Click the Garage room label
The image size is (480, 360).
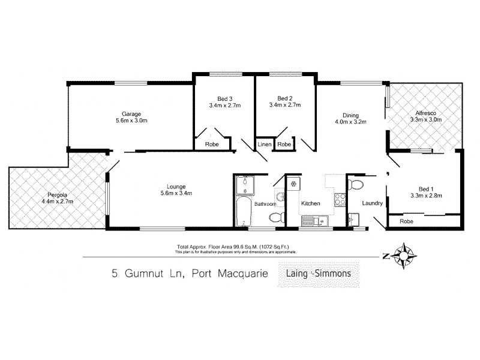pos(131,114)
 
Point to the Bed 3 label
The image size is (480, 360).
pos(224,98)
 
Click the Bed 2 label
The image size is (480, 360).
pos(284,98)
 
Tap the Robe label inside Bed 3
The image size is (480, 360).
pos(212,145)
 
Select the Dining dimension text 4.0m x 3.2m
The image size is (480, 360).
pos(350,122)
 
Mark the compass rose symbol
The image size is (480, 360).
pos(406,256)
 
